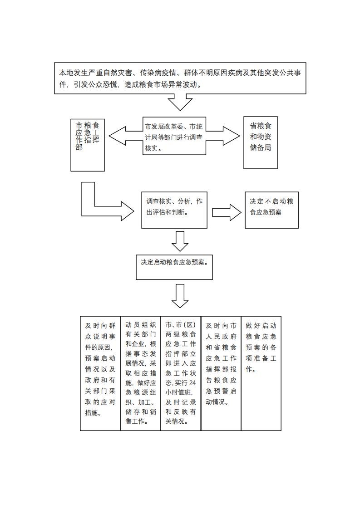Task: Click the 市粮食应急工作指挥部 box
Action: [x=88, y=145]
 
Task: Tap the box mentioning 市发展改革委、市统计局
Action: [x=175, y=136]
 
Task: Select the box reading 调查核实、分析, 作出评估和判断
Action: [x=174, y=209]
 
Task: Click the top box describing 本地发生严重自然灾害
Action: [x=180, y=78]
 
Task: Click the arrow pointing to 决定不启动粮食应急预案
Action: [x=227, y=212]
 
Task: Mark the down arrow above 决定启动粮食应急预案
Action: [x=180, y=241]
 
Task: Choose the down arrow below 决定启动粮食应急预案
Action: [x=180, y=296]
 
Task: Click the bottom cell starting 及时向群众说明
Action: [x=100, y=373]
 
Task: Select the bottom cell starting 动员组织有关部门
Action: [x=141, y=373]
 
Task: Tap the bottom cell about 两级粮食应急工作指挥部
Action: [x=181, y=373]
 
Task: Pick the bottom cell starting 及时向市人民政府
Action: [x=221, y=373]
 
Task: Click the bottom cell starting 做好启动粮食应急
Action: [x=261, y=373]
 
